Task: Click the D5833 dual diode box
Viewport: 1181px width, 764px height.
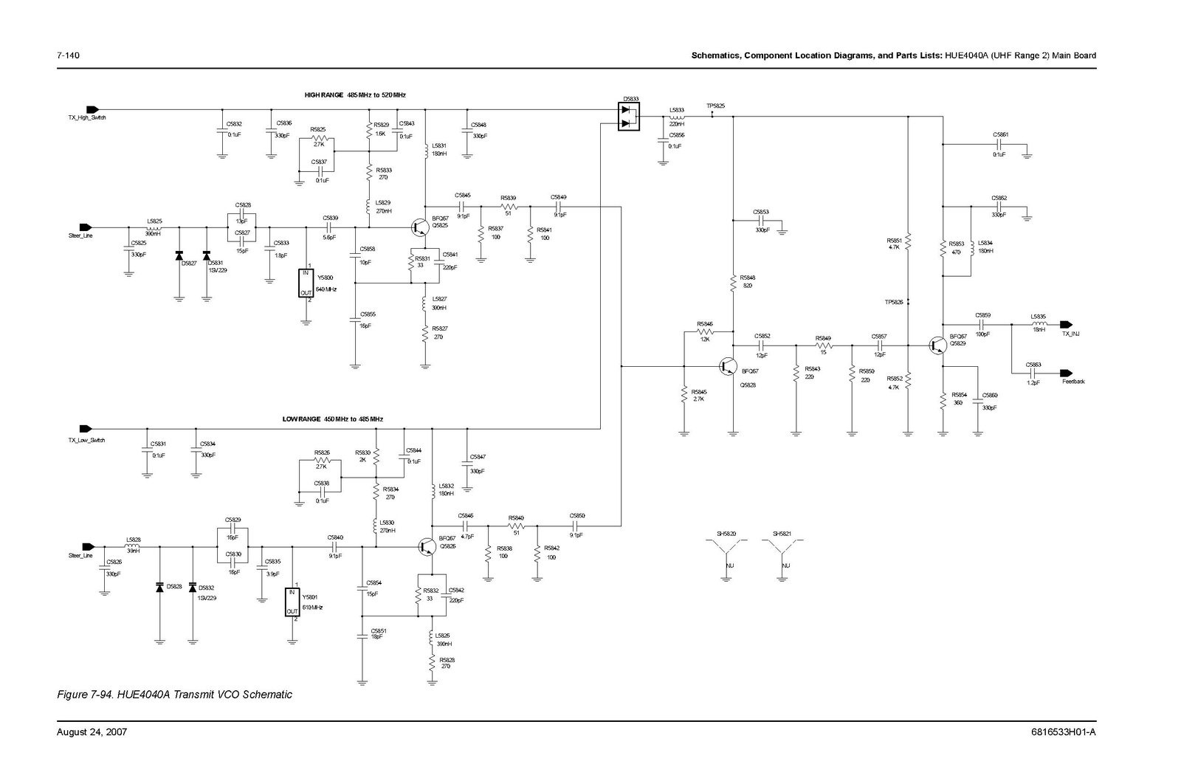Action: [x=629, y=117]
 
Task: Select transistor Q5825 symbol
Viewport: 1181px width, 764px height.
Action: [x=419, y=227]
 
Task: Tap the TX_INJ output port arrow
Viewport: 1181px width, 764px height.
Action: [x=1065, y=324]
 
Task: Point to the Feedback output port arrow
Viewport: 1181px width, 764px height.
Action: [x=1065, y=372]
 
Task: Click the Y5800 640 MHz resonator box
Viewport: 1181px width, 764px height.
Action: [x=306, y=283]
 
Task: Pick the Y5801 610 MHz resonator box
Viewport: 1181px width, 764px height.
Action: [x=293, y=602]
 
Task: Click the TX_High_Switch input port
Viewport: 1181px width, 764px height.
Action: [x=92, y=109]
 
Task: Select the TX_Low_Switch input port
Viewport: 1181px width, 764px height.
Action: [x=86, y=428]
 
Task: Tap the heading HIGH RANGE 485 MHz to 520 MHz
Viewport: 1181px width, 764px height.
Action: [x=355, y=95]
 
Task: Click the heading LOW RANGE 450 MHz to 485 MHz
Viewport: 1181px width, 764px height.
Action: [x=332, y=419]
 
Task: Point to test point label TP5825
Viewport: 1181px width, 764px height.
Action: [x=715, y=106]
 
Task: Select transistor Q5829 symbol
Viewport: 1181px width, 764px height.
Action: [x=937, y=344]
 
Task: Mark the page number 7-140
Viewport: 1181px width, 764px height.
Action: [x=68, y=55]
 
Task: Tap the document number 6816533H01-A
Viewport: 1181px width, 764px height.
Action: [x=1064, y=732]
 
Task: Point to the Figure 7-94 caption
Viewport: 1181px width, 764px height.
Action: [x=175, y=695]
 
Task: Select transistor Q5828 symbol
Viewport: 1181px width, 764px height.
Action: [x=729, y=365]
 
